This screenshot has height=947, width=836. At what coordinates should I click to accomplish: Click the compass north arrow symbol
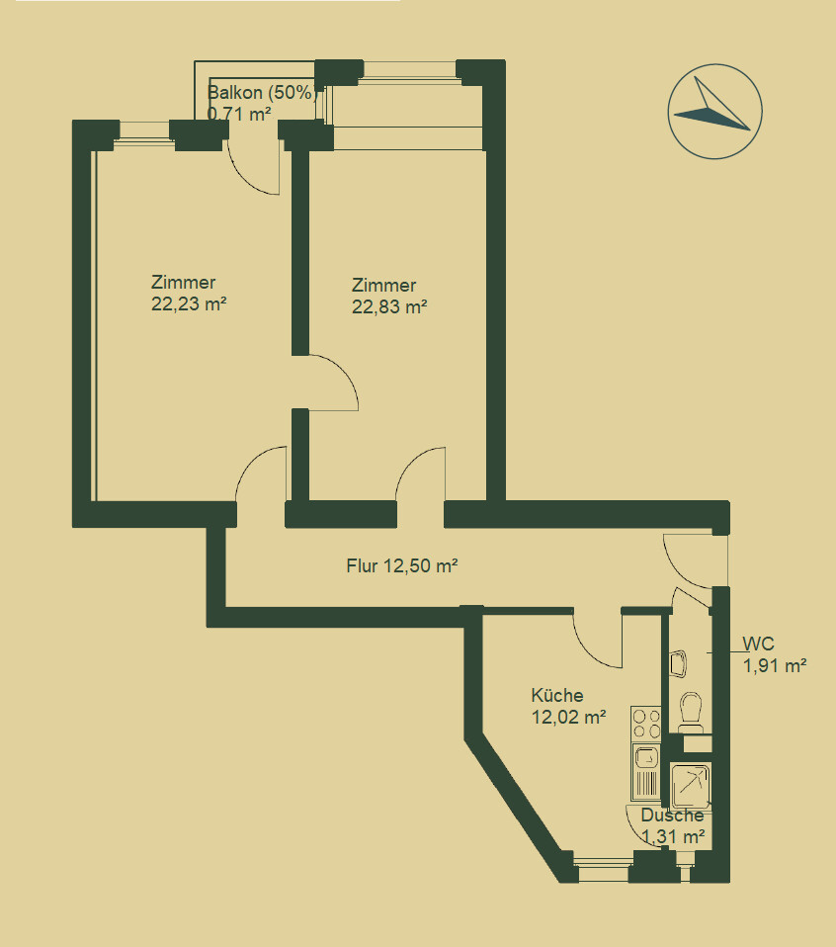[x=714, y=110]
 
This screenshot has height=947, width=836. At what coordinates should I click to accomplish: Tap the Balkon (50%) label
[x=261, y=94]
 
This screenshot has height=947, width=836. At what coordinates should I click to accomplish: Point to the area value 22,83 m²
[x=389, y=306]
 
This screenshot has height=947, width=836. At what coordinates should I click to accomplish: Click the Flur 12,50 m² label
[x=400, y=566]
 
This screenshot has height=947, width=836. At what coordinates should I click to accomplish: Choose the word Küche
[x=556, y=695]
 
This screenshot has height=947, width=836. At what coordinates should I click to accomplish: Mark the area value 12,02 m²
[x=568, y=718]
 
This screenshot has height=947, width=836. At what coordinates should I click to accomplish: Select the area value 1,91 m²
[x=775, y=665]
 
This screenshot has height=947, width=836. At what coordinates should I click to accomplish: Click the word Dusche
[x=672, y=816]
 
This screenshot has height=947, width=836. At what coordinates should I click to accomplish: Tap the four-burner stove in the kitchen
[x=645, y=724]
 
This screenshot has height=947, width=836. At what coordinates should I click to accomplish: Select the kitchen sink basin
[x=645, y=758]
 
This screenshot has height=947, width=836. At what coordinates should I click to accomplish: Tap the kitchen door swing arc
[x=598, y=641]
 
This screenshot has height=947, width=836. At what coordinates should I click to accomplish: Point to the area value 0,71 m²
[x=239, y=114]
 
